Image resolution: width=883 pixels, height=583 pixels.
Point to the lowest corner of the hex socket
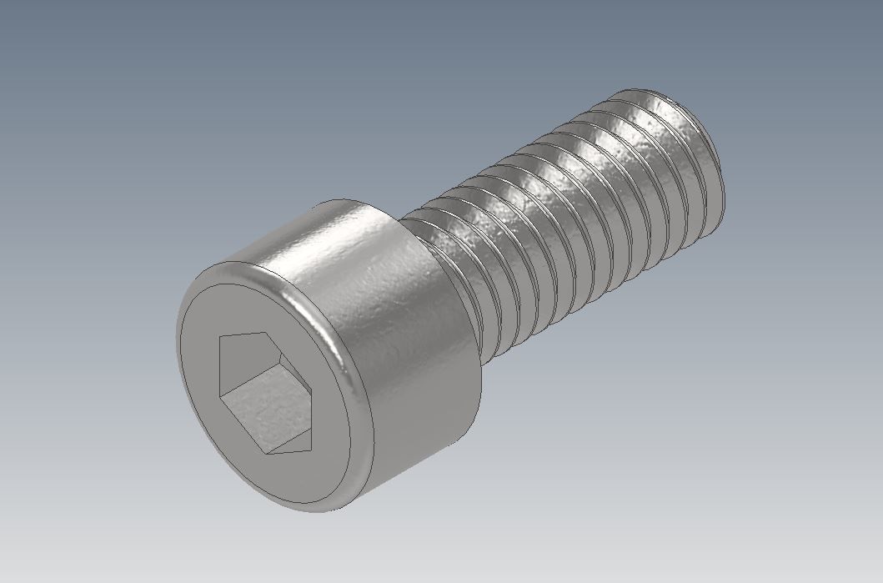tap(266, 455)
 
